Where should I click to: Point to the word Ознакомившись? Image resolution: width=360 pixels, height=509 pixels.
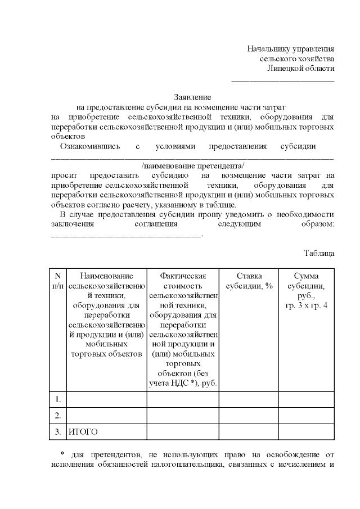(x=91, y=146)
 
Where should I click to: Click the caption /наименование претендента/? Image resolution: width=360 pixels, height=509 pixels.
(x=193, y=166)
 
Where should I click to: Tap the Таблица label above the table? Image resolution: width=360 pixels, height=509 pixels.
(x=319, y=253)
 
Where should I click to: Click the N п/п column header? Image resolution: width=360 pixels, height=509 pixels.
(x=57, y=281)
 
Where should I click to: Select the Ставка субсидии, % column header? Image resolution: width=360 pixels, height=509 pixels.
(x=249, y=281)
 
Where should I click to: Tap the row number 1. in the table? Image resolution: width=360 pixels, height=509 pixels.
(x=57, y=399)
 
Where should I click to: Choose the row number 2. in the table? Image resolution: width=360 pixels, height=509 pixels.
(x=57, y=416)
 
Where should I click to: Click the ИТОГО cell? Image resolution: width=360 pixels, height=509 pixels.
(x=83, y=432)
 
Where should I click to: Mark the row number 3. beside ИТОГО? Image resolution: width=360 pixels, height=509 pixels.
(x=57, y=432)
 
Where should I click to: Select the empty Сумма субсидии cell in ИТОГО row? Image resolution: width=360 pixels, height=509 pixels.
(x=306, y=432)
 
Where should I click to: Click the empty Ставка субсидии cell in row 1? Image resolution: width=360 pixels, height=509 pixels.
(x=249, y=399)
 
